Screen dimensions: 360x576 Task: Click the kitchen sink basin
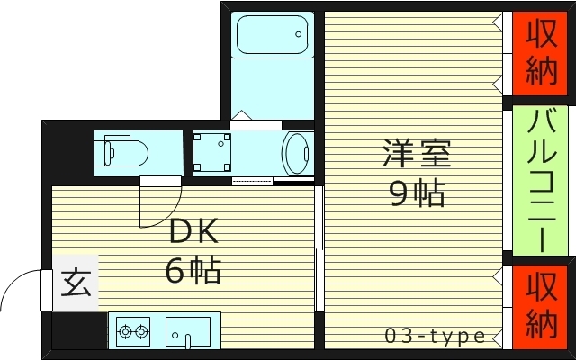point(187,331)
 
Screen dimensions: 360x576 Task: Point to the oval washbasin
point(297,153)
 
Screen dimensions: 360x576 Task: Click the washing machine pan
point(214,151)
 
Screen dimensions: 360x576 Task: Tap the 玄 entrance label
point(76,284)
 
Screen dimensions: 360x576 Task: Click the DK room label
point(193,233)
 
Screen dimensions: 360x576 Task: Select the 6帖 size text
point(193,270)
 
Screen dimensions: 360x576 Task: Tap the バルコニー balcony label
point(542,178)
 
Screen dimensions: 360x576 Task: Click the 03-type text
point(435,337)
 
